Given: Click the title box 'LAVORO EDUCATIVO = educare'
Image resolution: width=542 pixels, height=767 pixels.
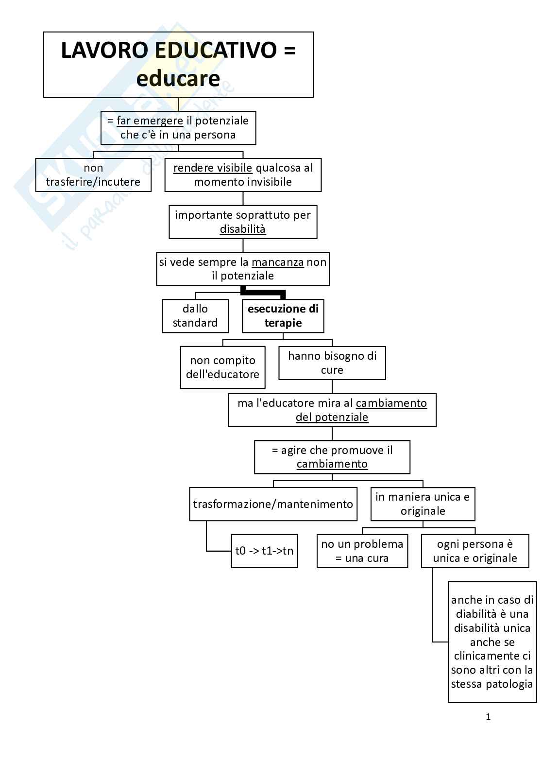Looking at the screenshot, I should click(178, 65).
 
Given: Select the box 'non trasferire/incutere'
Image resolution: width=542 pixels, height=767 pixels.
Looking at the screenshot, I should click(93, 175).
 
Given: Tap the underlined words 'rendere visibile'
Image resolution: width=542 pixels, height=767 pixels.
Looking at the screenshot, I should click(213, 168).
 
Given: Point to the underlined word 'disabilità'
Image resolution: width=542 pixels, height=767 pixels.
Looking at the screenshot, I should click(243, 229).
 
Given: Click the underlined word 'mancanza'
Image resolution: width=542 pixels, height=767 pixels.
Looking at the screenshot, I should click(278, 262).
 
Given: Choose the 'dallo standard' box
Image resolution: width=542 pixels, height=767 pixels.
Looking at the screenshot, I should click(195, 316).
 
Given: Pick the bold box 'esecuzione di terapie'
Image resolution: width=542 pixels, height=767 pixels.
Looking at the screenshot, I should click(283, 316).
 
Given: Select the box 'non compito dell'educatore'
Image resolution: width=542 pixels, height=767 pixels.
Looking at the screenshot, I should click(223, 367).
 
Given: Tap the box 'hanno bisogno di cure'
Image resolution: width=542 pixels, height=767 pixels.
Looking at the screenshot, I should click(332, 363).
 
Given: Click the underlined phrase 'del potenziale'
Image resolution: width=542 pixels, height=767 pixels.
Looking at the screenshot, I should click(332, 418).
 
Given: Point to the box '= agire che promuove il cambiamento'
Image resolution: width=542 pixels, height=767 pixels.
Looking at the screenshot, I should click(332, 457).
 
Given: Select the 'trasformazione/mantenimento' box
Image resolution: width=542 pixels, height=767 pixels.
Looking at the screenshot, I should click(273, 504).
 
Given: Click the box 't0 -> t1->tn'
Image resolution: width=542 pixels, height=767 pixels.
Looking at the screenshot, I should click(265, 551).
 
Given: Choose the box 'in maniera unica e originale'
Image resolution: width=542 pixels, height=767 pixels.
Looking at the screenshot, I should click(423, 504).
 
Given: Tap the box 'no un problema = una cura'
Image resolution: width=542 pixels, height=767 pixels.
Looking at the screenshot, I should click(362, 551).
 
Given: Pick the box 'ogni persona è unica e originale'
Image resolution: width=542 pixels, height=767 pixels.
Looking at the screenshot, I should click(475, 551).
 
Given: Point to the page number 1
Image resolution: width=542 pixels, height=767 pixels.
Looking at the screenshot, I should click(488, 717).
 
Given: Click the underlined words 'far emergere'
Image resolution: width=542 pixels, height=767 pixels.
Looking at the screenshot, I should click(150, 121).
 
